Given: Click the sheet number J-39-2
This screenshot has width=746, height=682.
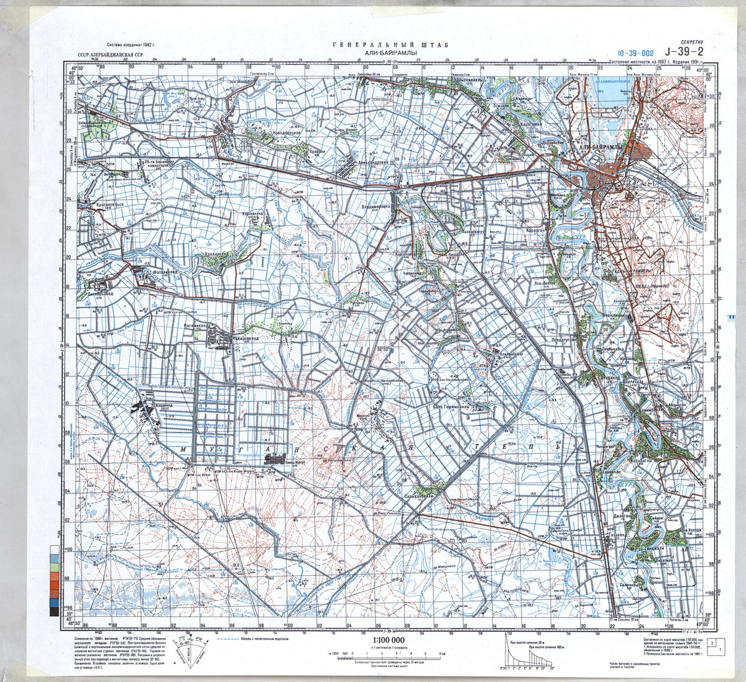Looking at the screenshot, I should pos(684,52).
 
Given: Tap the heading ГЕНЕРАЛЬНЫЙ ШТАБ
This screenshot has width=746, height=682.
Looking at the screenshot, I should pos(390,45).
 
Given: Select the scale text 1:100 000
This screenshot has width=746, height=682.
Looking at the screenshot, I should pos(389,640).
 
